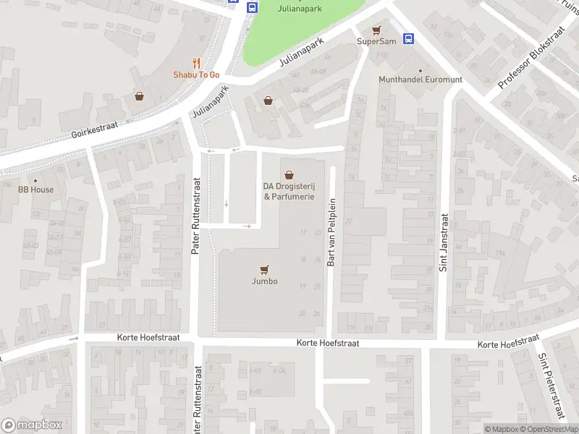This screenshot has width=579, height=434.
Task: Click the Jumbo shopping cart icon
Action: tap(265, 270)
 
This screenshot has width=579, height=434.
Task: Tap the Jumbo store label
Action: tap(265, 282)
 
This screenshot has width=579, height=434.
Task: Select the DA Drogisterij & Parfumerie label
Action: tap(289, 191)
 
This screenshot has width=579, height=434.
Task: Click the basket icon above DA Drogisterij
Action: tap(289, 174)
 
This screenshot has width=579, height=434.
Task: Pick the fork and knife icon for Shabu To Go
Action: tap(196, 63)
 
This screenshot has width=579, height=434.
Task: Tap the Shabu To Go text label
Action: tap(196, 75)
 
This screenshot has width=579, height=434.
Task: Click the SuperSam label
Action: tap(376, 42)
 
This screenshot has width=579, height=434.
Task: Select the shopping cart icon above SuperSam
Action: tap(376, 30)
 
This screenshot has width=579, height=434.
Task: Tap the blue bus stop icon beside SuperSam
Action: tap(408, 38)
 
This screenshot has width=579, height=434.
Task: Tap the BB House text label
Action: tap(36, 190)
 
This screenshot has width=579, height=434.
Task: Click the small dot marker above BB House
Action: tap(34, 180)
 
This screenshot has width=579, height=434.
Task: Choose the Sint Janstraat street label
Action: tap(443, 242)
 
